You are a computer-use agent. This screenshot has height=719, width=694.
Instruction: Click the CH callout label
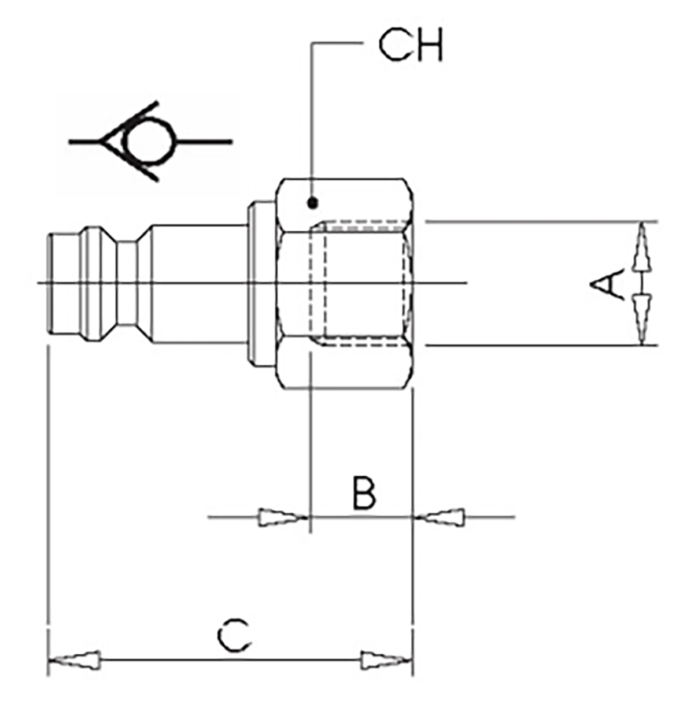pyautogui.click(x=411, y=46)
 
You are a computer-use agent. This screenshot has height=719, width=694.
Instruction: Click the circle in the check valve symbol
pyautogui.click(x=148, y=142)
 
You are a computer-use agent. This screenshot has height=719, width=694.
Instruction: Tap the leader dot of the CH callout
pyautogui.click(x=313, y=203)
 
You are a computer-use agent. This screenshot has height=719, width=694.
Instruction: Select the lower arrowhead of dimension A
pyautogui.click(x=641, y=320)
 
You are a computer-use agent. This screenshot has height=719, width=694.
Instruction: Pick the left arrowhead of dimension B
pyautogui.click(x=283, y=517)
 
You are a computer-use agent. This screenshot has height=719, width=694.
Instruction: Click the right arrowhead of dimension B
pyautogui.click(x=439, y=517)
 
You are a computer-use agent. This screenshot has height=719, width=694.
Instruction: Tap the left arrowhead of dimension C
pyautogui.click(x=75, y=660)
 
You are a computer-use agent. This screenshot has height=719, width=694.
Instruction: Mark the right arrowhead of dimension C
pyautogui.click(x=386, y=660)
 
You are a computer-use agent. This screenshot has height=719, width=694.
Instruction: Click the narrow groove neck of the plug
pyautogui.click(x=127, y=284)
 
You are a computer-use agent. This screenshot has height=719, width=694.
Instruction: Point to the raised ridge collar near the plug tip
pyautogui.click(x=92, y=284)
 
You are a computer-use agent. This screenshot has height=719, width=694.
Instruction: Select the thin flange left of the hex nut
pyautogui.click(x=261, y=284)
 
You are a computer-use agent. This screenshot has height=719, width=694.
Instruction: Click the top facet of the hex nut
pyautogui.click(x=345, y=205)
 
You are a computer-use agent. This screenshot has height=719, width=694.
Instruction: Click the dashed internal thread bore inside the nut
pyautogui.click(x=360, y=284)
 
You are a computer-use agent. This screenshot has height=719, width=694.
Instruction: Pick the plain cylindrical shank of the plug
pyautogui.click(x=200, y=284)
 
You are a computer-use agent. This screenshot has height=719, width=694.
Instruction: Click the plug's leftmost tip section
pyautogui.click(x=64, y=284)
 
